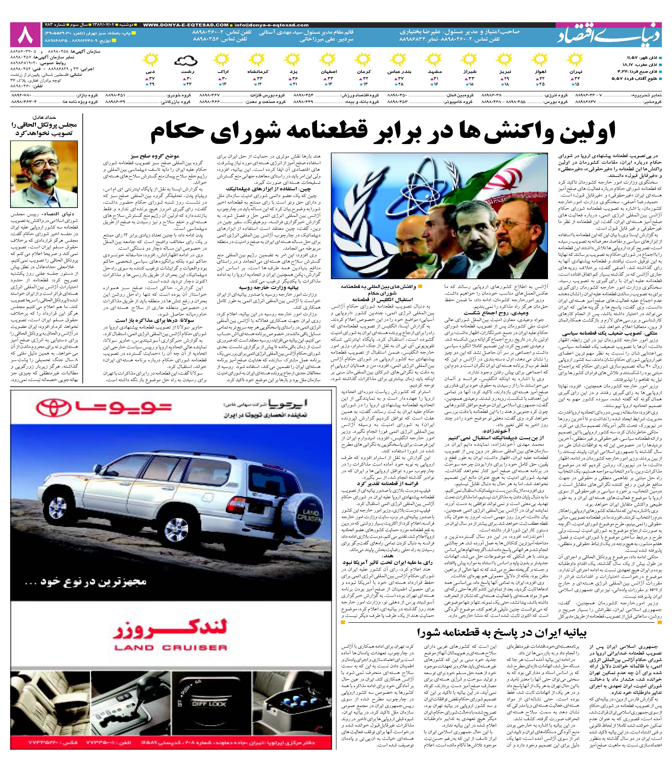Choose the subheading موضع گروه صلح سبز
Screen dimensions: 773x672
click(154, 156)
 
